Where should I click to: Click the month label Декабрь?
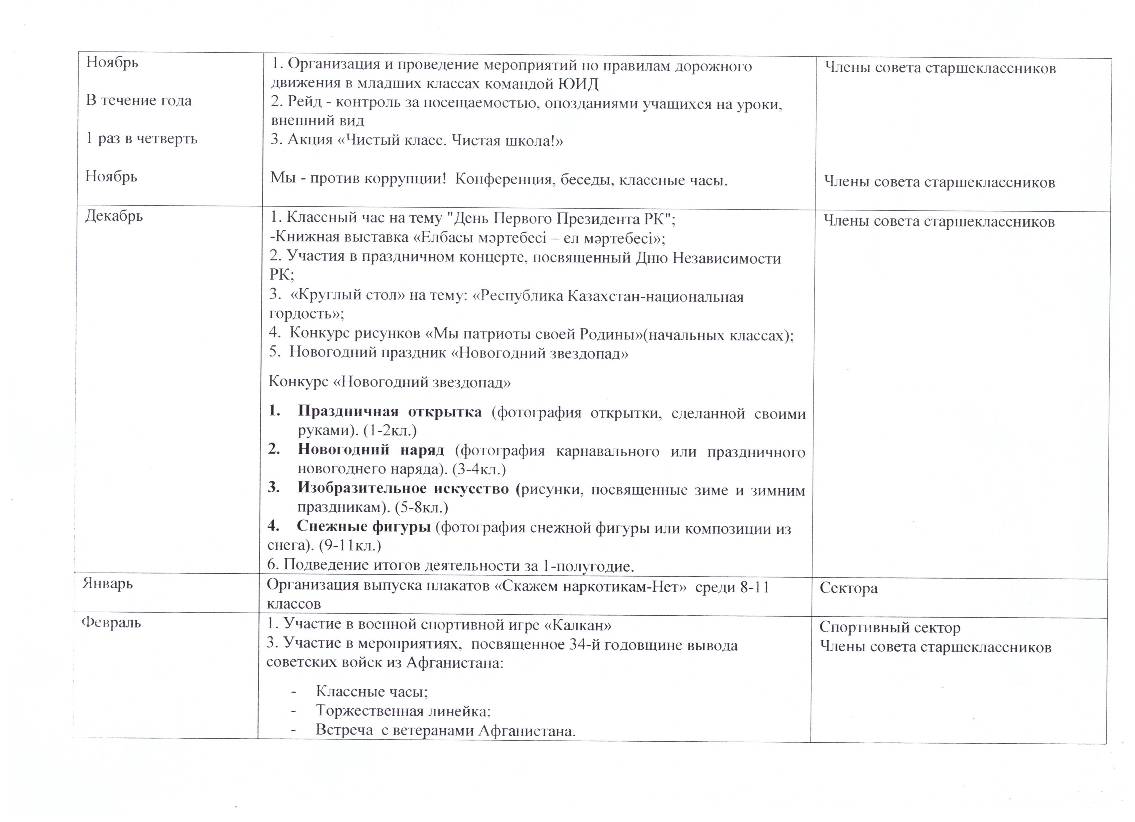(x=114, y=217)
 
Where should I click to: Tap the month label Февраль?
(x=111, y=623)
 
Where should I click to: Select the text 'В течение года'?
(x=139, y=101)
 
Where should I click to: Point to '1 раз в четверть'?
(x=142, y=139)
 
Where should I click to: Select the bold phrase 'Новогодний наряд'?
(x=370, y=450)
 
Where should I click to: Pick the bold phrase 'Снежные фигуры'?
(x=363, y=527)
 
